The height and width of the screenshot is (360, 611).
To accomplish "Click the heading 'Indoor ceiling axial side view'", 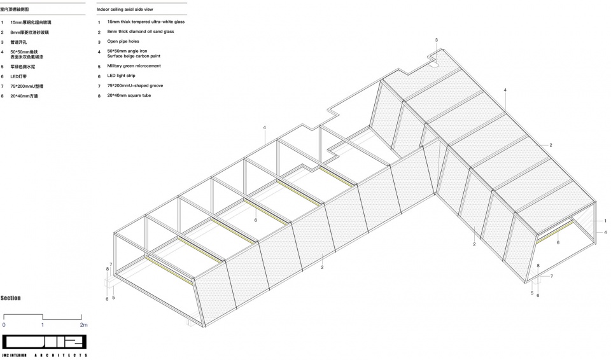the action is (125, 9).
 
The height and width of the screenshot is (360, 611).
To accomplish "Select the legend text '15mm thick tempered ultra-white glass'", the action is (146, 22).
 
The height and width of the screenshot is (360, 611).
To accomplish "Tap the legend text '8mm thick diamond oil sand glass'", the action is (141, 32).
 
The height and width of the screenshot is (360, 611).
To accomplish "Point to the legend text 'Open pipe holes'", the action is (123, 41).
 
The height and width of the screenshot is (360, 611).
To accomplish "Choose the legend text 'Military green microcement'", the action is (134, 66).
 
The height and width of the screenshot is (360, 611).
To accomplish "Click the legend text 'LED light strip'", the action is (121, 76).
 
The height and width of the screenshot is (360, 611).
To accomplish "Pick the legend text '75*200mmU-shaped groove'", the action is (135, 86).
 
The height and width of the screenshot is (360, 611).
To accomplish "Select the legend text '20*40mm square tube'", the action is (129, 95).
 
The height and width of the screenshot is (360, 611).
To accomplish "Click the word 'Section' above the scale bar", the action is (11, 298).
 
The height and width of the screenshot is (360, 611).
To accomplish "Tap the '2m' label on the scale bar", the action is (84, 325).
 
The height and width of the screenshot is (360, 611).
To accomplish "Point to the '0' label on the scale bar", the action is (4, 325).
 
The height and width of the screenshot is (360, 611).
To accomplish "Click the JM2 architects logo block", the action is (44, 342).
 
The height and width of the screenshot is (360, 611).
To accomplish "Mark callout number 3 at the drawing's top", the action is (437, 39).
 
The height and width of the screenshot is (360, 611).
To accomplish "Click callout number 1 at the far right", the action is (605, 221).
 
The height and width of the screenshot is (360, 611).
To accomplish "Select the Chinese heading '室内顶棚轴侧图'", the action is (15, 9).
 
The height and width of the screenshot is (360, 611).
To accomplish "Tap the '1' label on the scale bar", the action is (43, 325).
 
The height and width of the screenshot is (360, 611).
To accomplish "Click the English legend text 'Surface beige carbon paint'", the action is (134, 56).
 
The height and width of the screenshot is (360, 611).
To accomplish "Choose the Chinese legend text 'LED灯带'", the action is (18, 77).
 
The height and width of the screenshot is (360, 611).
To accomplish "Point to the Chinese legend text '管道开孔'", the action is (18, 42).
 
